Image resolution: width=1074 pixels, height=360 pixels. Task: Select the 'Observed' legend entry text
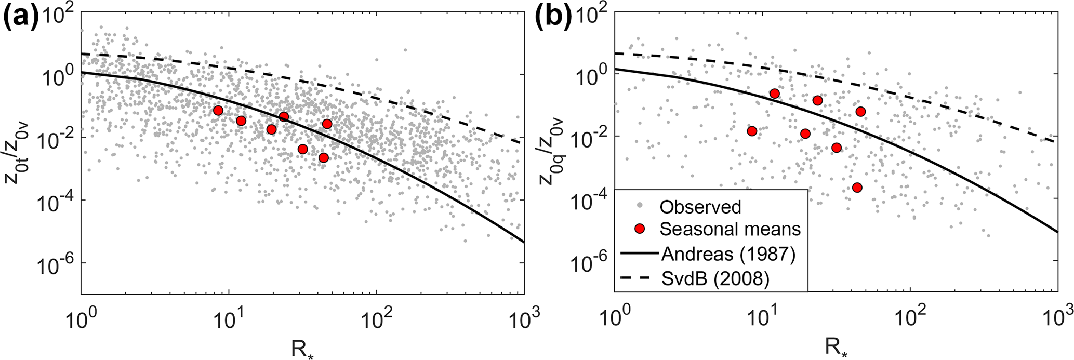tap(700, 207)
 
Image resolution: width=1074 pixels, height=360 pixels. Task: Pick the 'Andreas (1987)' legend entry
tap(728, 255)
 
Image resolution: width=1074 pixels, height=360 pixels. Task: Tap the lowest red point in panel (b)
tap(857, 187)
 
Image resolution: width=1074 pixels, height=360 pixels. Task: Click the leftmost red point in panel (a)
tap(218, 111)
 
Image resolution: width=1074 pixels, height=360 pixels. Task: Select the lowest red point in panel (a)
tap(323, 157)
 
